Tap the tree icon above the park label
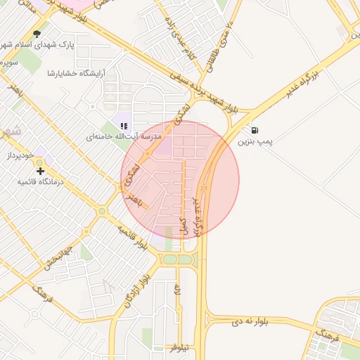tap(37, 33)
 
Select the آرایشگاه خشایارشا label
tap(75, 72)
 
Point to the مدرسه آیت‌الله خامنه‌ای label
tap(124, 136)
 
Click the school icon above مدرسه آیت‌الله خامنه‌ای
tap(124, 126)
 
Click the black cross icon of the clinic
tap(40, 171)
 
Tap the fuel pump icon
tap(253, 130)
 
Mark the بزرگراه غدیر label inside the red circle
tap(198, 214)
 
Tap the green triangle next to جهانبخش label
tap(86, 251)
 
